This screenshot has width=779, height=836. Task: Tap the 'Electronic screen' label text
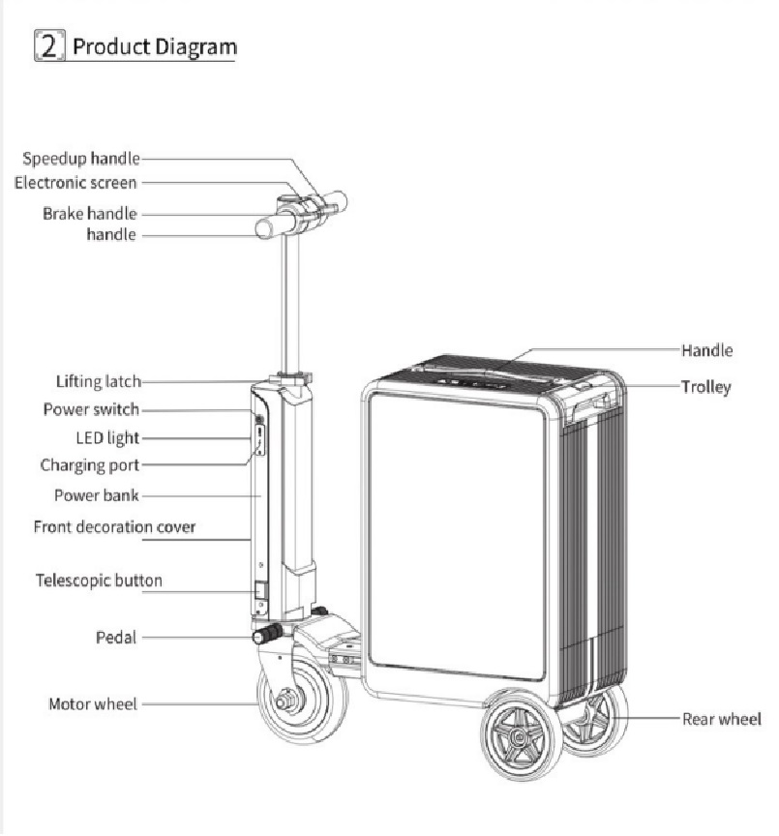pos(75,182)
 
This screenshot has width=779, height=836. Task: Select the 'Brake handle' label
pos(89,213)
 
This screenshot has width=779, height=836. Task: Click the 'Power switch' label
pos(91,409)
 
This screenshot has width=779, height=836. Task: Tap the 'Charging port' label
pos(89,465)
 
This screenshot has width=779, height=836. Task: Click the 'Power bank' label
pos(97,495)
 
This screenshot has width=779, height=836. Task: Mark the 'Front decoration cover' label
pos(114,527)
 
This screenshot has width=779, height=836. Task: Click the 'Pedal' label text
pos(115,637)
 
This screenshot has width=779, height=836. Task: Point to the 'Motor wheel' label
pos(93,703)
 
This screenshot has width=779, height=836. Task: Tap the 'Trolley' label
pos(705,387)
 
